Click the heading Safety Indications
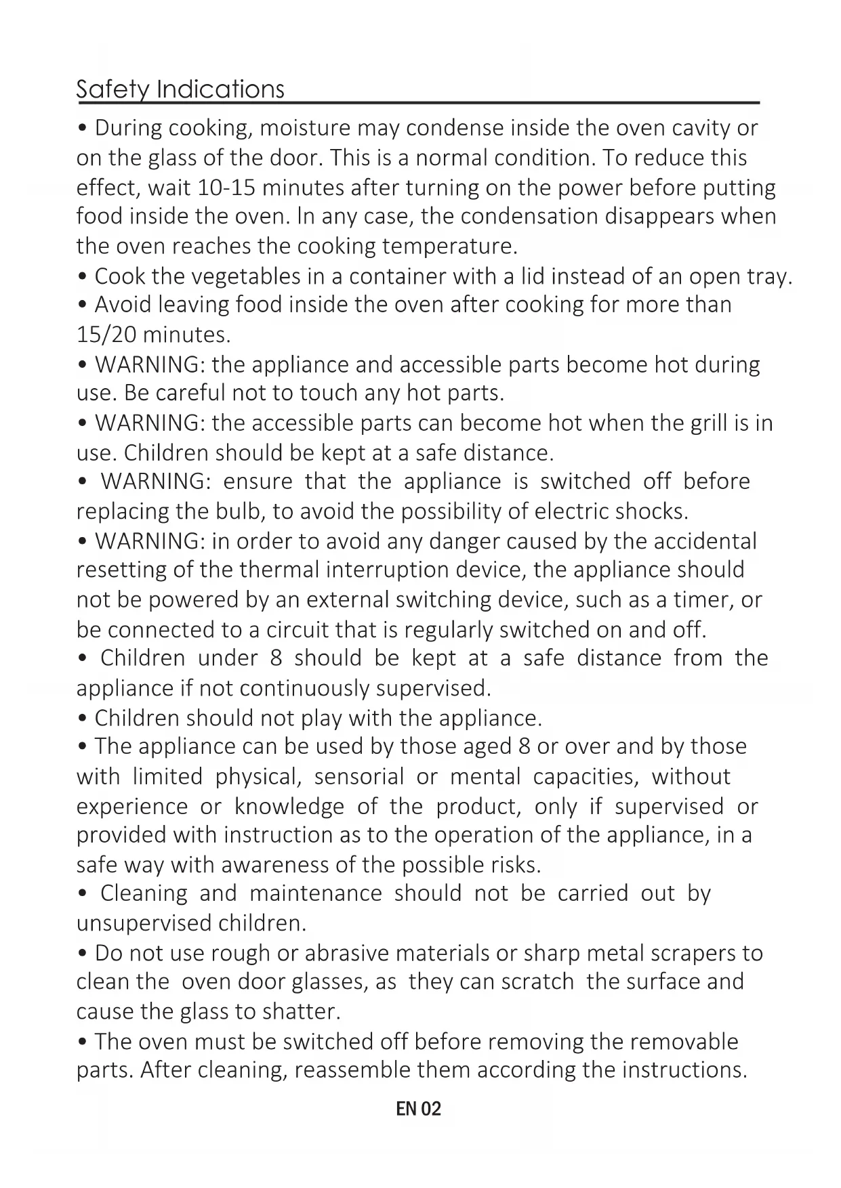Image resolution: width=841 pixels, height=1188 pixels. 180,89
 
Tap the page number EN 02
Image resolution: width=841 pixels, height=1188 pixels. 418,1109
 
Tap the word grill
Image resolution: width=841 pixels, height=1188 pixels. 707,423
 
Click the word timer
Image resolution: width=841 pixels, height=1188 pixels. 702,600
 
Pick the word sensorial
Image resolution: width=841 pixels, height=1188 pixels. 358,776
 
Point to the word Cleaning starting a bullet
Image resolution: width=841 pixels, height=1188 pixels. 144,893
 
